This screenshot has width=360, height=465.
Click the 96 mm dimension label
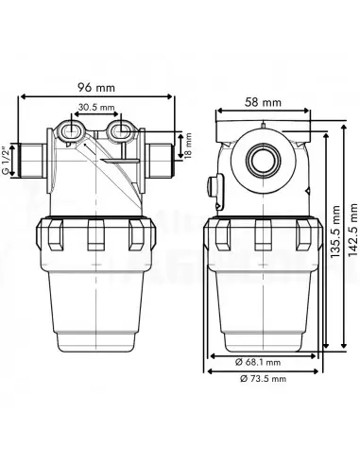(96, 87)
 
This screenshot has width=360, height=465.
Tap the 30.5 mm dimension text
(96, 108)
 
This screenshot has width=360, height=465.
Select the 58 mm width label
(263, 102)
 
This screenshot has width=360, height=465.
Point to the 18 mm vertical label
(188, 146)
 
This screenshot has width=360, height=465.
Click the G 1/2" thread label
(5, 160)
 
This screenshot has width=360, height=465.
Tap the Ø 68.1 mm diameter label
(258, 362)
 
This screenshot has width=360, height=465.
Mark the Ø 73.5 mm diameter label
(263, 378)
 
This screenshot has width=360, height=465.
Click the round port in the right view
(263, 159)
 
